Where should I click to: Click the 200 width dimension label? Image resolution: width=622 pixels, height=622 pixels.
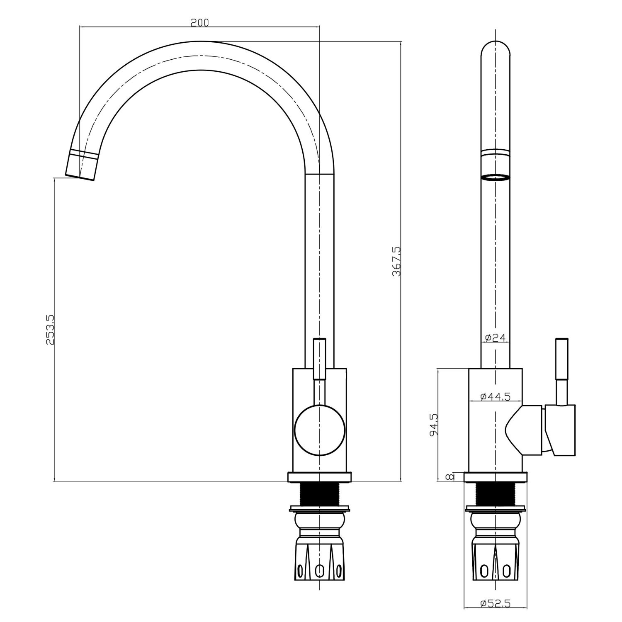(x=199, y=22)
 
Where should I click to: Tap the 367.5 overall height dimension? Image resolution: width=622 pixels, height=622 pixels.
(x=396, y=261)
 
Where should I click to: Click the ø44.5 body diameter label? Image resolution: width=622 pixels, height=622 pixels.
(x=495, y=397)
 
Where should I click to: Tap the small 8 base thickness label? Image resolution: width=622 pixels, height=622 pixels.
(x=448, y=477)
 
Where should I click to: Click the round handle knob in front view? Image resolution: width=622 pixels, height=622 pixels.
(x=319, y=430)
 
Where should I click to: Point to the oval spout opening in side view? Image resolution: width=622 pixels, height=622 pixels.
(x=495, y=178)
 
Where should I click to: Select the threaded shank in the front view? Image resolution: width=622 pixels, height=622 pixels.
(x=319, y=494)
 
